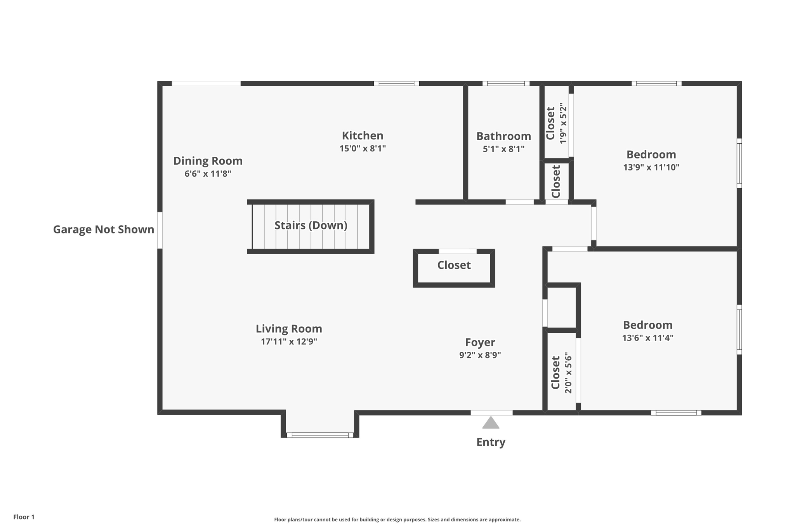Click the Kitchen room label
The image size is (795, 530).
(x=362, y=136)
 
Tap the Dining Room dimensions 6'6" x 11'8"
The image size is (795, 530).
(x=208, y=174)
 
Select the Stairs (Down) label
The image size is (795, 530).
(x=311, y=225)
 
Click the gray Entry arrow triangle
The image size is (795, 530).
(x=491, y=423)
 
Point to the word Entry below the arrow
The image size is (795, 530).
(x=491, y=442)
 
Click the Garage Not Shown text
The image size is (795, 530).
(x=103, y=229)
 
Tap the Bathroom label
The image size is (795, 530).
(x=503, y=136)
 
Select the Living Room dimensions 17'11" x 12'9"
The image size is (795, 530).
(x=289, y=342)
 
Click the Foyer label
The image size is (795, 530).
(x=480, y=342)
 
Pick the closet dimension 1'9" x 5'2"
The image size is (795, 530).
(x=563, y=123)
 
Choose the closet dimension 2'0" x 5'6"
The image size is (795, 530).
(x=568, y=373)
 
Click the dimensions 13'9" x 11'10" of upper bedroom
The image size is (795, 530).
(x=651, y=167)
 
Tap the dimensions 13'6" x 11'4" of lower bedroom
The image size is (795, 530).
(x=647, y=338)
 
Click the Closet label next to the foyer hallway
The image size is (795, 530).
(x=454, y=265)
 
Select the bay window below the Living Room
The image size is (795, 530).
(x=320, y=435)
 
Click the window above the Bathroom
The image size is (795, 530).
(x=506, y=83)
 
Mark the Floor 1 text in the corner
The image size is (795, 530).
(x=24, y=517)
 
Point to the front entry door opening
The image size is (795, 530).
(x=491, y=413)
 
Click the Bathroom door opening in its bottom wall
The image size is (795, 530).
(x=519, y=202)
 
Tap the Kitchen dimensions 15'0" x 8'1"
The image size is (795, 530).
(x=362, y=148)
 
